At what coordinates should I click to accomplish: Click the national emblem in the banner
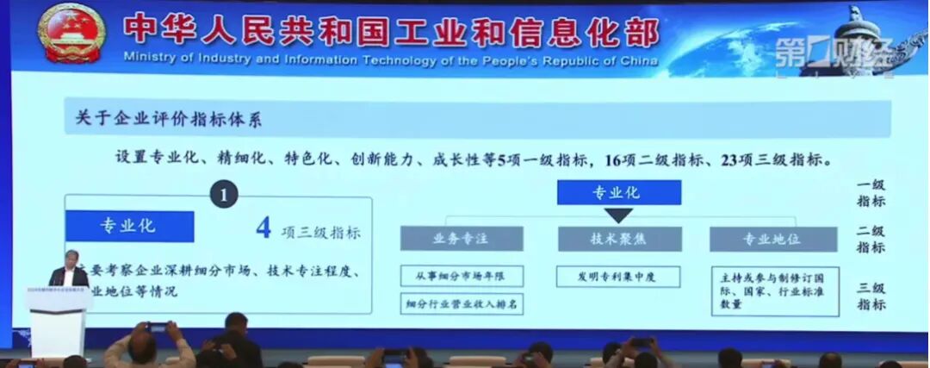click(x=71, y=33)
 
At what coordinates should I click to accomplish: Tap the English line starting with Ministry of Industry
click(x=390, y=60)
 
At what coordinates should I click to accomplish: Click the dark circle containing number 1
click(x=224, y=195)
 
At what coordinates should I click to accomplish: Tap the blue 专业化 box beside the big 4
click(x=129, y=227)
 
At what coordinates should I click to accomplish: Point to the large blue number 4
click(x=264, y=229)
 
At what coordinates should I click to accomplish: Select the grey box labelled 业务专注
click(x=462, y=239)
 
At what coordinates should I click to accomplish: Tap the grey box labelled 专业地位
click(x=773, y=239)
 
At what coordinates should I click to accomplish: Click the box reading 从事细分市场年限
click(x=462, y=276)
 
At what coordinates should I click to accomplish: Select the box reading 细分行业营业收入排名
click(x=462, y=304)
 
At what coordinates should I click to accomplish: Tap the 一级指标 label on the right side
click(x=871, y=194)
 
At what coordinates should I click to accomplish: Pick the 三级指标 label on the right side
click(x=871, y=296)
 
